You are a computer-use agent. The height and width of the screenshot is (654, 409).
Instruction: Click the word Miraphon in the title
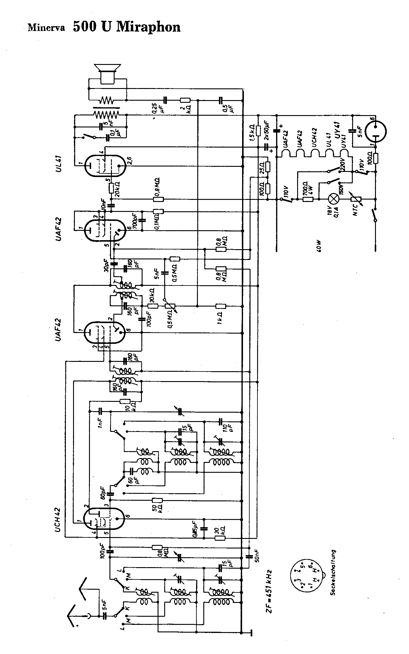pyautogui.click(x=148, y=27)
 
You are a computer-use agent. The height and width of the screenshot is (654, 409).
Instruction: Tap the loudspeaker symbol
pyautogui.click(x=107, y=73)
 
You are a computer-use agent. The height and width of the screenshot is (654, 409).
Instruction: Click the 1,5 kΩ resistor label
pyautogui.click(x=252, y=133)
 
